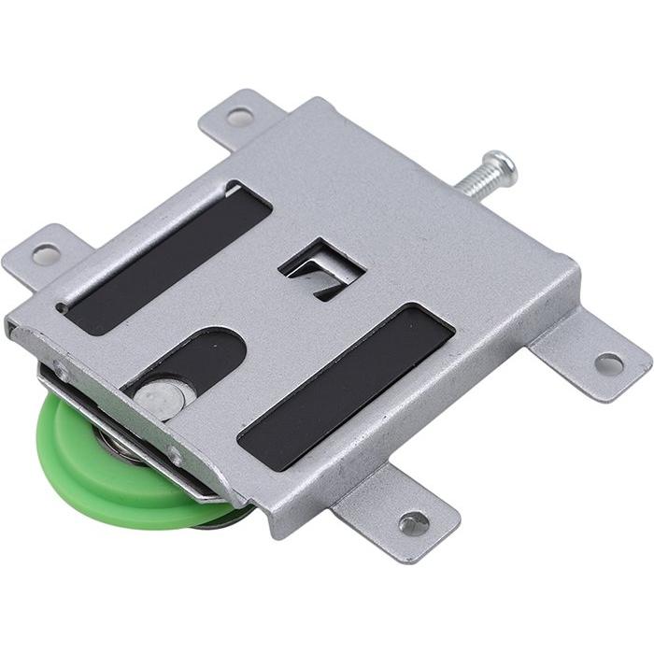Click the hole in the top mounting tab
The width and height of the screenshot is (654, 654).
coord(240,117)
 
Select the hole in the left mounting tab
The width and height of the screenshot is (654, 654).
coord(45,253)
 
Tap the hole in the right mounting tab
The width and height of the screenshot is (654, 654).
coord(609,363)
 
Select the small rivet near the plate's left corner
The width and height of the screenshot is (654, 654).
coord(62,371)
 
